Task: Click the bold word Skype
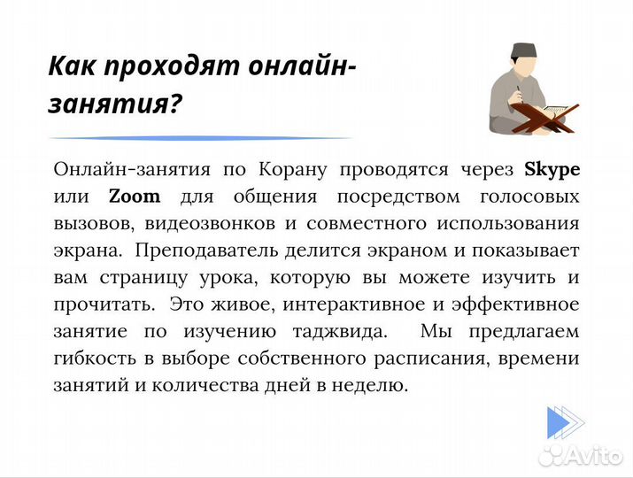pyautogui.click(x=552, y=168)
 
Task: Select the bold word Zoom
pyautogui.click(x=135, y=196)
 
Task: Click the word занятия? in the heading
pyautogui.click(x=114, y=104)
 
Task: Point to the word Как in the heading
pyautogui.click(x=73, y=66)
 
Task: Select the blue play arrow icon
pyautogui.click(x=563, y=422)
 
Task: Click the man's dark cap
pyautogui.click(x=522, y=49)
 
